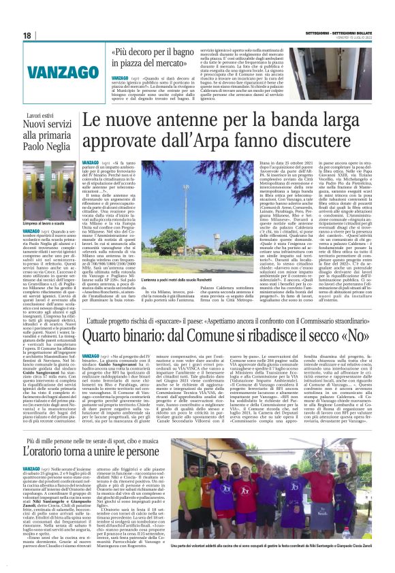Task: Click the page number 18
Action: (27, 35)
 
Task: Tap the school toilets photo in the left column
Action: (49, 201)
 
